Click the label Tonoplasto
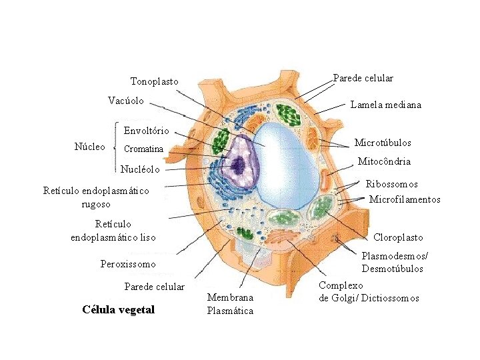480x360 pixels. (154, 81)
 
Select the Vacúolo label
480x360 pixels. (126, 101)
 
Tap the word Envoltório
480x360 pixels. (146, 130)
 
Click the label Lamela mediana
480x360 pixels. (386, 105)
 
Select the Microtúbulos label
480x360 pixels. (383, 143)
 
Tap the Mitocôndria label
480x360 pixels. (384, 161)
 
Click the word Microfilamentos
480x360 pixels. (405, 199)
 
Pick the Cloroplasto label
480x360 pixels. (398, 237)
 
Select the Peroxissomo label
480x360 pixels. (128, 264)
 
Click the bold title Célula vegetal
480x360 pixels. (118, 309)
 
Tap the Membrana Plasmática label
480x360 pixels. (230, 304)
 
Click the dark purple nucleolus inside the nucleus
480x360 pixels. (237, 162)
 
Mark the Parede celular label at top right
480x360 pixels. (363, 78)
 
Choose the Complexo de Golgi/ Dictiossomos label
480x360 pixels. (369, 291)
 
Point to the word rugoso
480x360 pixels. (95, 204)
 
